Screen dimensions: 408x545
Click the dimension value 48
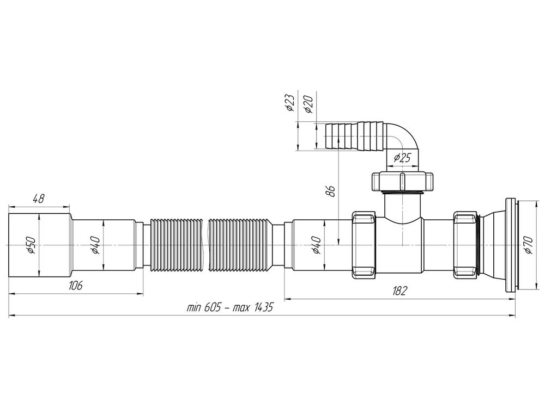click(x=39, y=199)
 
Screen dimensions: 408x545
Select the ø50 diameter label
click(x=31, y=246)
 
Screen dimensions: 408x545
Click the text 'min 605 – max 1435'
click(x=229, y=307)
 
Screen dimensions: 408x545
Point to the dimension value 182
click(x=399, y=291)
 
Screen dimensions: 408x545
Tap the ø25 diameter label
click(x=402, y=158)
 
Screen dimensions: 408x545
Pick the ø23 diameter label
click(x=290, y=102)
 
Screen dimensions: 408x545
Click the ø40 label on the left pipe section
click(x=94, y=246)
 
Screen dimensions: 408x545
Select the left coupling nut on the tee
click(x=364, y=245)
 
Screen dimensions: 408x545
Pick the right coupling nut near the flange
click(x=465, y=245)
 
